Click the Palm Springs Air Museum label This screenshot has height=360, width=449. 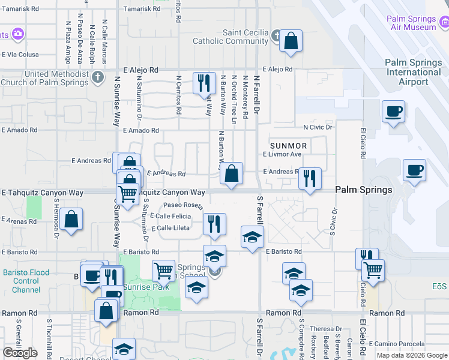click(412, 23)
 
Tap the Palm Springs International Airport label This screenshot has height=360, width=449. click(413, 72)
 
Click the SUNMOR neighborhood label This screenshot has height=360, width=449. click(288, 146)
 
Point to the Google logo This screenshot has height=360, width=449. click(20, 353)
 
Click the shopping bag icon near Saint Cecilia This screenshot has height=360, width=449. click(291, 42)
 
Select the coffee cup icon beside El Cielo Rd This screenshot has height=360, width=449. click(393, 112)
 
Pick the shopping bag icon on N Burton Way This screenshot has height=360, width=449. click(231, 174)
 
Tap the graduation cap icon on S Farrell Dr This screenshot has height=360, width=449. click(253, 236)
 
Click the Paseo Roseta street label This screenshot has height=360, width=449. click(184, 205)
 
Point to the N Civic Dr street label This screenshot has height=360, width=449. click(318, 127)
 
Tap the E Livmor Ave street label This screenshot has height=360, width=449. click(282, 154)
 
